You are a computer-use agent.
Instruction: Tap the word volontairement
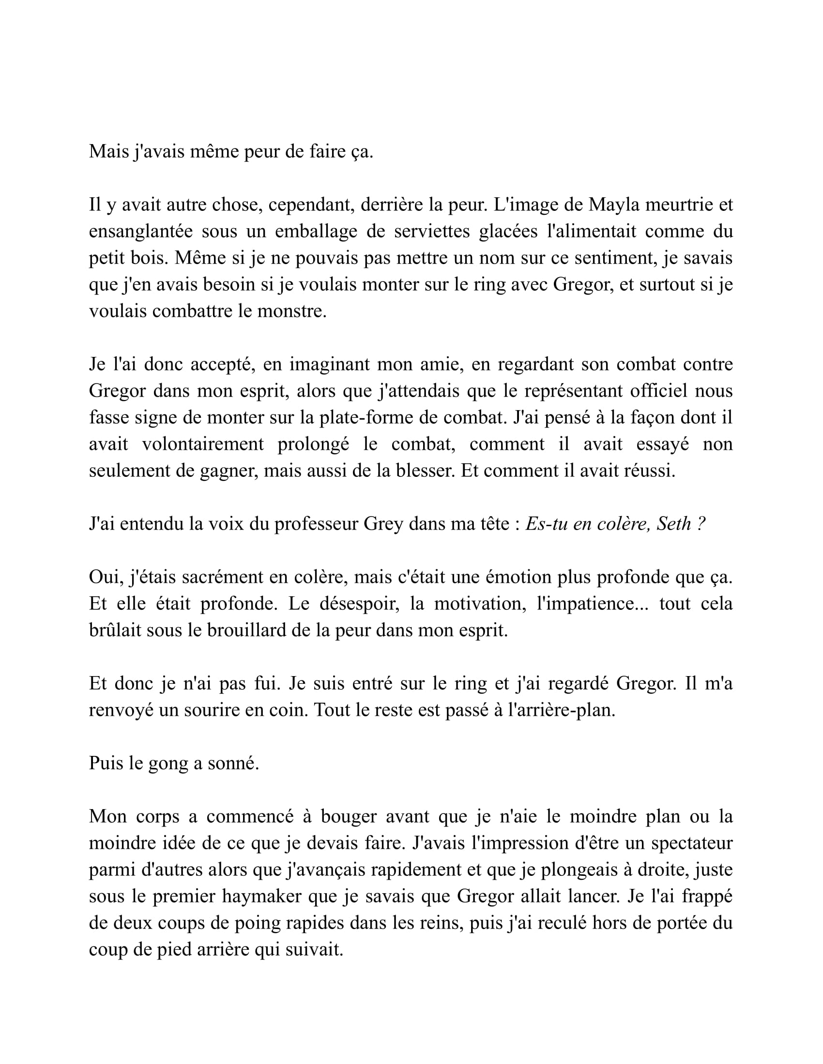[203, 444]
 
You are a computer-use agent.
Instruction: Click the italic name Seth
[674, 524]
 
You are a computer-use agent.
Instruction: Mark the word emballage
[317, 231]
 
